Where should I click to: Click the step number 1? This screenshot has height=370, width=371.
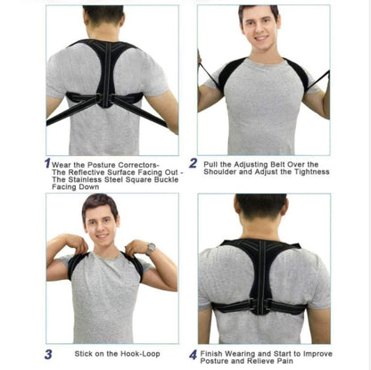pos(47,163)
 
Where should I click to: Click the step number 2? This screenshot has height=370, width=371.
pos(194,164)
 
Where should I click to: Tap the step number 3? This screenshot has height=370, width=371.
pos(48,354)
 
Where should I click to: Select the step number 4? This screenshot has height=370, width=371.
pos(193,354)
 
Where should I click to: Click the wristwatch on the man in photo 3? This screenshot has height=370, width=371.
pos(151,247)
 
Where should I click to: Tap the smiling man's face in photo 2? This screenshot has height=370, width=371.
pos(258,29)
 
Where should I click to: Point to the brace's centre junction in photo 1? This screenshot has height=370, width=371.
pos(107,98)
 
